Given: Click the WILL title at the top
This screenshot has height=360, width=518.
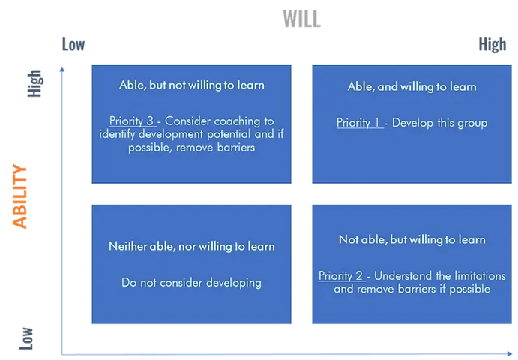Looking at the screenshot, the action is (x=301, y=19).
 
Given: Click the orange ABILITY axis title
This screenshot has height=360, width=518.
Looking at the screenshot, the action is (x=19, y=196).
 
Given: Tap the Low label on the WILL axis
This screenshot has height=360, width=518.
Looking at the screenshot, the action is (x=73, y=45).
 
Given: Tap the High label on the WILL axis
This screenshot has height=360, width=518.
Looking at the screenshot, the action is (x=493, y=45).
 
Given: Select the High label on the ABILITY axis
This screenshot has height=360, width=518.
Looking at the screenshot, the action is (x=34, y=83).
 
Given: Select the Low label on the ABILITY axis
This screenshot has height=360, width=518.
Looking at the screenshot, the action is (x=26, y=338).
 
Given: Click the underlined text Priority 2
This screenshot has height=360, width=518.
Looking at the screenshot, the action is (x=340, y=275).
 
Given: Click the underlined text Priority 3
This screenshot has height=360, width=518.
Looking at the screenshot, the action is (x=131, y=121).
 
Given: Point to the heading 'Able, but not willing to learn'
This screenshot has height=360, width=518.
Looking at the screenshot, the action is (x=192, y=85).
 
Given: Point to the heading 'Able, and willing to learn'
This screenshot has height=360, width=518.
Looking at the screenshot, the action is (x=412, y=86).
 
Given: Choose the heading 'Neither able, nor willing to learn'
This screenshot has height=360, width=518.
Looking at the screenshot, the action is (x=192, y=246).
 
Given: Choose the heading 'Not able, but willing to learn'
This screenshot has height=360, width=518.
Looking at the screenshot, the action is (x=412, y=239).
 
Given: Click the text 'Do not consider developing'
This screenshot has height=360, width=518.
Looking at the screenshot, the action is (x=192, y=283).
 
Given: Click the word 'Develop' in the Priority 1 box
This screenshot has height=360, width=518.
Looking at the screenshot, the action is (x=412, y=123).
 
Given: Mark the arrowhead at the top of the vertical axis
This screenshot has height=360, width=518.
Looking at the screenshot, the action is (x=61, y=69).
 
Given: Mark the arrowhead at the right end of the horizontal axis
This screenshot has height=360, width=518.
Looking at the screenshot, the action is (x=510, y=354).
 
